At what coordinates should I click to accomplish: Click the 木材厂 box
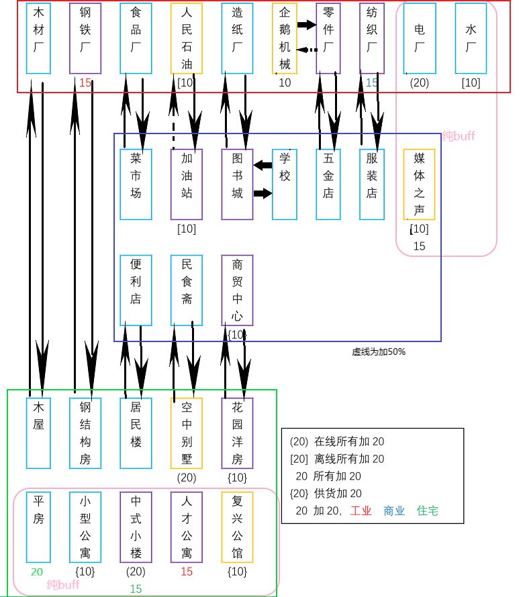[38, 38]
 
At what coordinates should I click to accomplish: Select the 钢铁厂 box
[85, 38]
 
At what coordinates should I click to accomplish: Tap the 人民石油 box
[187, 38]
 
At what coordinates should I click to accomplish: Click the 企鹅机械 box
[285, 38]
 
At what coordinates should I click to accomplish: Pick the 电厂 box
[420, 38]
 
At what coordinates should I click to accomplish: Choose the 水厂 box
[471, 38]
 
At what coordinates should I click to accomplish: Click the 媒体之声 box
[420, 184]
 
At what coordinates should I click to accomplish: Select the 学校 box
[285, 184]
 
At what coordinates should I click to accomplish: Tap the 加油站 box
[187, 184]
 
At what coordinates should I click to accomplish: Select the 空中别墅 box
[187, 433]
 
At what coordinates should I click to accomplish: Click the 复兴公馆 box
[238, 527]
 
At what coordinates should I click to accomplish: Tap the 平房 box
[38, 527]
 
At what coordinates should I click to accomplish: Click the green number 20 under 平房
[37, 572]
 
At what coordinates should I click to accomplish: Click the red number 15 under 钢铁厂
[85, 83]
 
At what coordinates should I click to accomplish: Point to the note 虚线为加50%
[379, 351]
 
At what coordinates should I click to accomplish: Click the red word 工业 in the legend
[359, 511]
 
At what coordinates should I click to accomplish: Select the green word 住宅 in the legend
[428, 511]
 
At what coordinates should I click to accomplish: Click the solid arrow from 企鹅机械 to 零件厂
[306, 25]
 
